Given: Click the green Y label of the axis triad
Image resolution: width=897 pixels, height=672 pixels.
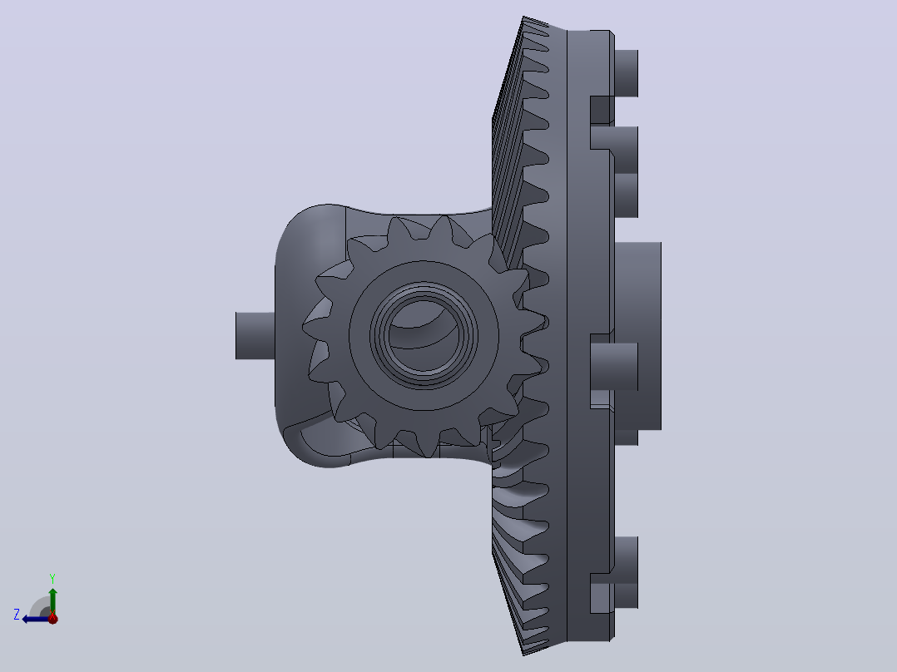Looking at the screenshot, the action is coord(52,578).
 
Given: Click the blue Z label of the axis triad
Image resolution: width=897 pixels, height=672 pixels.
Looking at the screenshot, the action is coord(17,615).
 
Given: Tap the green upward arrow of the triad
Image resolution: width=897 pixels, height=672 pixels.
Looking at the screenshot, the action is coord(52,601).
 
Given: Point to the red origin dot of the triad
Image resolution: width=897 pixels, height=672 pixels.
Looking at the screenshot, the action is coord(52,618).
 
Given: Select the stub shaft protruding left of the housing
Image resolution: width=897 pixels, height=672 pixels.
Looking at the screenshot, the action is coord(255,336).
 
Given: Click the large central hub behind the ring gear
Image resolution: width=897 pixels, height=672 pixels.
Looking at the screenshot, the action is coord(638,336).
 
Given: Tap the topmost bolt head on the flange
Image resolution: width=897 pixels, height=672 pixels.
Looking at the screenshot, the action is coord(626,73).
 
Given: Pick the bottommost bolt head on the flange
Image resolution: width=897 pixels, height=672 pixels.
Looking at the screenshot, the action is coord(626,572).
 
